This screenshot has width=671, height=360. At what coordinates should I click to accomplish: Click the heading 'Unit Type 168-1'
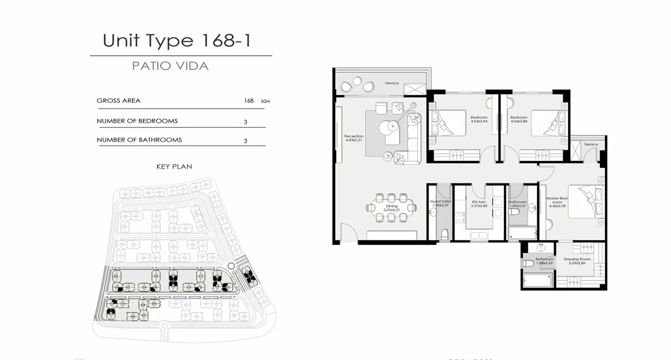pos(177,40)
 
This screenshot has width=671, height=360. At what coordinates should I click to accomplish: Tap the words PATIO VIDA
pos(170,66)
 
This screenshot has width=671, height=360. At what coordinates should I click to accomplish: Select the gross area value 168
pos(249,101)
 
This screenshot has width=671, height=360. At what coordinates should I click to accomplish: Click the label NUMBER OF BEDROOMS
pos(137,121)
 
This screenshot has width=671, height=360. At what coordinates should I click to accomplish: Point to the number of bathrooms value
pos(245,141)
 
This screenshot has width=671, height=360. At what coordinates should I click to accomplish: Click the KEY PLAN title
pos(174,167)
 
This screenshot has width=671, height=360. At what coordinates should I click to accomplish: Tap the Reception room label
pos(354,138)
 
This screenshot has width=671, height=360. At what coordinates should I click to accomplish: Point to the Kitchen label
pos(479,204)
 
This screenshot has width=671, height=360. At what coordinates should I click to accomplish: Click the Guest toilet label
pos(440,204)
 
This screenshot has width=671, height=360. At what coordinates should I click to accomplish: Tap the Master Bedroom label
pos(557,200)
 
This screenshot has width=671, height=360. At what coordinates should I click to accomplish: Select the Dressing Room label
pos(577,261)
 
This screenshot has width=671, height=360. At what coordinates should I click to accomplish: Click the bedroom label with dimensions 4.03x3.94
pos(479,119)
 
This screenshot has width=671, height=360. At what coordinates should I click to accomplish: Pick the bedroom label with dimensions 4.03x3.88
pos(519,119)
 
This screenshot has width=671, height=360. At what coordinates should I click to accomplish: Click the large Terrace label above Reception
pos(391,83)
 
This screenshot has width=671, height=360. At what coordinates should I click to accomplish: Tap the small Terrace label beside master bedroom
pos(591,145)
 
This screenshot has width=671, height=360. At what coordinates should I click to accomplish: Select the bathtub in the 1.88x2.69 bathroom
pos(538,280)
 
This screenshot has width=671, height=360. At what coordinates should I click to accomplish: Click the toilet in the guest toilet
pos(444,234)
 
